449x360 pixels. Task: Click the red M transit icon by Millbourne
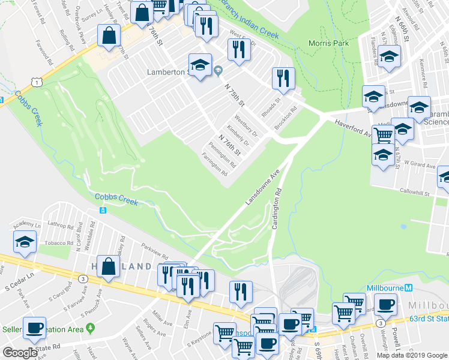(x=409, y=287)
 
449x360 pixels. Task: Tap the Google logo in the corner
(x=20, y=352)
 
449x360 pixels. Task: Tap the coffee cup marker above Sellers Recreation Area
(x=34, y=328)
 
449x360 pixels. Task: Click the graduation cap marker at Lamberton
(x=199, y=63)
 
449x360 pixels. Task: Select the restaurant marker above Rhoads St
(x=282, y=77)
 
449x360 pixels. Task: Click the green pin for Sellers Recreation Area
(x=91, y=328)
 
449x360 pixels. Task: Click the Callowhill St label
(x=417, y=190)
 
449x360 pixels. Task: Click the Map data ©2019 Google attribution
(x=411, y=355)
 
